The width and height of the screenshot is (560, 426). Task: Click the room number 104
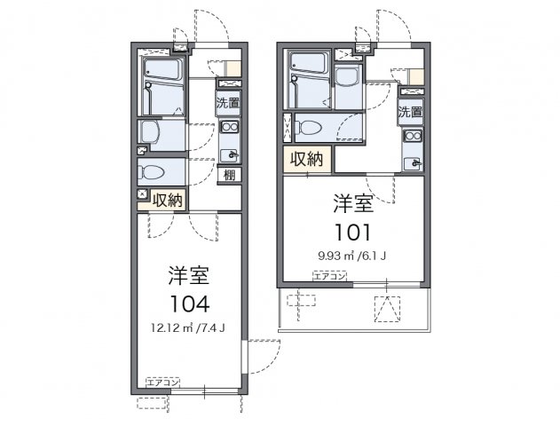(x=185, y=304)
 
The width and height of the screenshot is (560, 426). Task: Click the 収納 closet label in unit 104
(x=167, y=200)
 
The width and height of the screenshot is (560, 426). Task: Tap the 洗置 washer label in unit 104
(x=228, y=102)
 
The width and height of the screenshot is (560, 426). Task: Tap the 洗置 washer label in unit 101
(x=410, y=113)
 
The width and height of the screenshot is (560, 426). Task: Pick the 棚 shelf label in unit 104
(x=229, y=175)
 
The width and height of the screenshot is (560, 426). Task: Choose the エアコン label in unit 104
(x=162, y=383)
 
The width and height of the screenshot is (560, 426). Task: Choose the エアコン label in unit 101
(x=329, y=277)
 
